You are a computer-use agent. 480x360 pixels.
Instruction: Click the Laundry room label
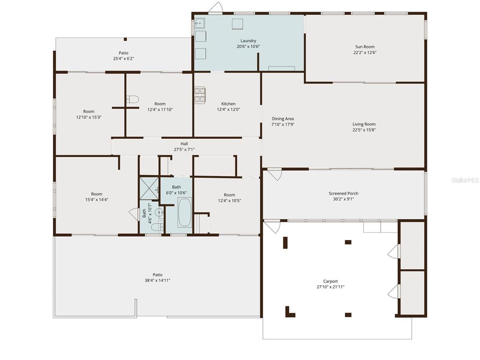point(248,41)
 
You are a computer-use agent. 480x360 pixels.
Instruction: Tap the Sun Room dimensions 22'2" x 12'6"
point(365,52)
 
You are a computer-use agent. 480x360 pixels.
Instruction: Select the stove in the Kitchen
point(200,95)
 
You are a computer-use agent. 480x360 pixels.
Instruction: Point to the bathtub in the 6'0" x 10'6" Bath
point(185,212)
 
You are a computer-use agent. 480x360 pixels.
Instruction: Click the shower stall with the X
point(149,188)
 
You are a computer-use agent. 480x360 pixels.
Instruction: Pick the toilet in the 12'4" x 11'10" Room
point(133,99)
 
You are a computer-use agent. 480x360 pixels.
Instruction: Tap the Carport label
point(330,281)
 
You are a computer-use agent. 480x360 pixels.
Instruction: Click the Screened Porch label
point(344,194)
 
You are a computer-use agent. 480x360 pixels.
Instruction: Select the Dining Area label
point(283,119)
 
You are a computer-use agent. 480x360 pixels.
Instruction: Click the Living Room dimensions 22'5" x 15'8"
point(364,130)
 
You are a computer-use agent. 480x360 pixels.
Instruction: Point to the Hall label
point(184,144)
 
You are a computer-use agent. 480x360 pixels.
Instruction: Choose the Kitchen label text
point(228,104)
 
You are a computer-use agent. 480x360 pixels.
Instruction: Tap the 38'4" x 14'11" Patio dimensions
point(157,280)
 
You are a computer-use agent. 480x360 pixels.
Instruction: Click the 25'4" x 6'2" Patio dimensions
point(124,59)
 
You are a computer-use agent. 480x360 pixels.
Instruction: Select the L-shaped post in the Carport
point(290,312)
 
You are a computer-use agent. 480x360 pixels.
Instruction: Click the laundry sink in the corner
point(200,23)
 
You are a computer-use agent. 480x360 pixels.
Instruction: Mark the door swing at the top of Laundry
point(216,7)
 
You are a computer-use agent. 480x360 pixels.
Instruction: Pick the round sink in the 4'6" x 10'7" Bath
point(159,212)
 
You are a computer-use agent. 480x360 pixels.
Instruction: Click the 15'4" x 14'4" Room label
point(97,194)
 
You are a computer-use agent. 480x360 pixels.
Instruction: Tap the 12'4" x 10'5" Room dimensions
point(229,201)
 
